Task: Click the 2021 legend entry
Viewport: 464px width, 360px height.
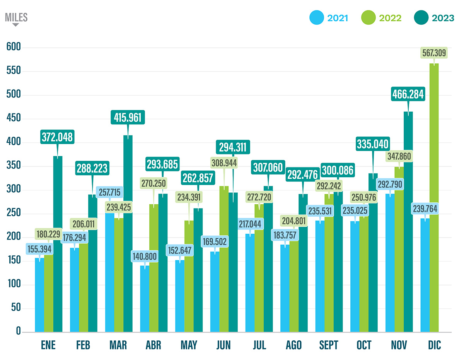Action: [x=329, y=18]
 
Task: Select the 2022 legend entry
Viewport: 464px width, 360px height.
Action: [x=381, y=18]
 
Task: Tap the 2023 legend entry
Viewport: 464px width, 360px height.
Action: [x=434, y=18]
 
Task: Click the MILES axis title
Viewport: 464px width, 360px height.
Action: [x=16, y=17]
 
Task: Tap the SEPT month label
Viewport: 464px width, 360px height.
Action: [x=329, y=345]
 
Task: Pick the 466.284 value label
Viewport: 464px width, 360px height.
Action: [x=408, y=94]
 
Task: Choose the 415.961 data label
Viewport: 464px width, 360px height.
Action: [x=128, y=117]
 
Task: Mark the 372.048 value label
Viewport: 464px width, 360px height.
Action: [x=58, y=138]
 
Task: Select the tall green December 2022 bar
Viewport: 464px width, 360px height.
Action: [x=434, y=201]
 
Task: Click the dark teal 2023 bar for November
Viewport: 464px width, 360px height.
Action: [x=408, y=224]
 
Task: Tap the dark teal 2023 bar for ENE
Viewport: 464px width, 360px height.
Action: [x=58, y=247]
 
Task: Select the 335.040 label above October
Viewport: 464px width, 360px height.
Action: [x=373, y=144]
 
